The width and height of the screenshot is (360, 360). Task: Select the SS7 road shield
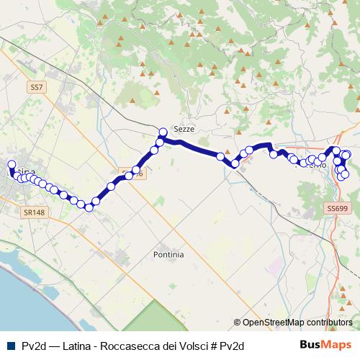tap(37, 87)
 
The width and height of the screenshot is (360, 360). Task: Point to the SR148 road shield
tap(33, 212)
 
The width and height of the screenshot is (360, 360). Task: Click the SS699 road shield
tap(337, 208)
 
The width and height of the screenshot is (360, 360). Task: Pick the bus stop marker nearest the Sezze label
tap(163, 132)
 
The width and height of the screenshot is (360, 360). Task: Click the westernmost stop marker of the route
tap(11, 165)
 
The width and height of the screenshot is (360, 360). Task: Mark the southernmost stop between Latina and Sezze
tap(89, 207)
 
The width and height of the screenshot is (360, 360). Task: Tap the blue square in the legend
tap(10, 346)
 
